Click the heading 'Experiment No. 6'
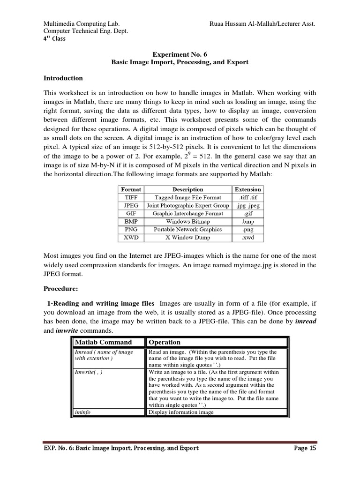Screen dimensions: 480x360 180,54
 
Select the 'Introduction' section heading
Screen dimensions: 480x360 63,78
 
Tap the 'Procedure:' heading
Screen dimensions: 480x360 61,288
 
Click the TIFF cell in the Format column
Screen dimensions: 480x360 131,197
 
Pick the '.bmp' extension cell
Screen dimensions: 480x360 248,221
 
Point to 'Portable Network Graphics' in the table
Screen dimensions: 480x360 187,229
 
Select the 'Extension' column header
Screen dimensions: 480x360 248,189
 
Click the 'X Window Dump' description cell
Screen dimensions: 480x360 187,237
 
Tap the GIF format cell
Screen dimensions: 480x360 131,213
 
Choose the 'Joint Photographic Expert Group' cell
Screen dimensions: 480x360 187,205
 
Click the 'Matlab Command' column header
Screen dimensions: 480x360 104,342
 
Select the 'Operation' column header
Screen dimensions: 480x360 165,342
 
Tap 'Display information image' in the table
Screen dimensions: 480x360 181,412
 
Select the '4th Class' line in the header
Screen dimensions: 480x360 54,38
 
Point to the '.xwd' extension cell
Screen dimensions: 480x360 248,237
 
